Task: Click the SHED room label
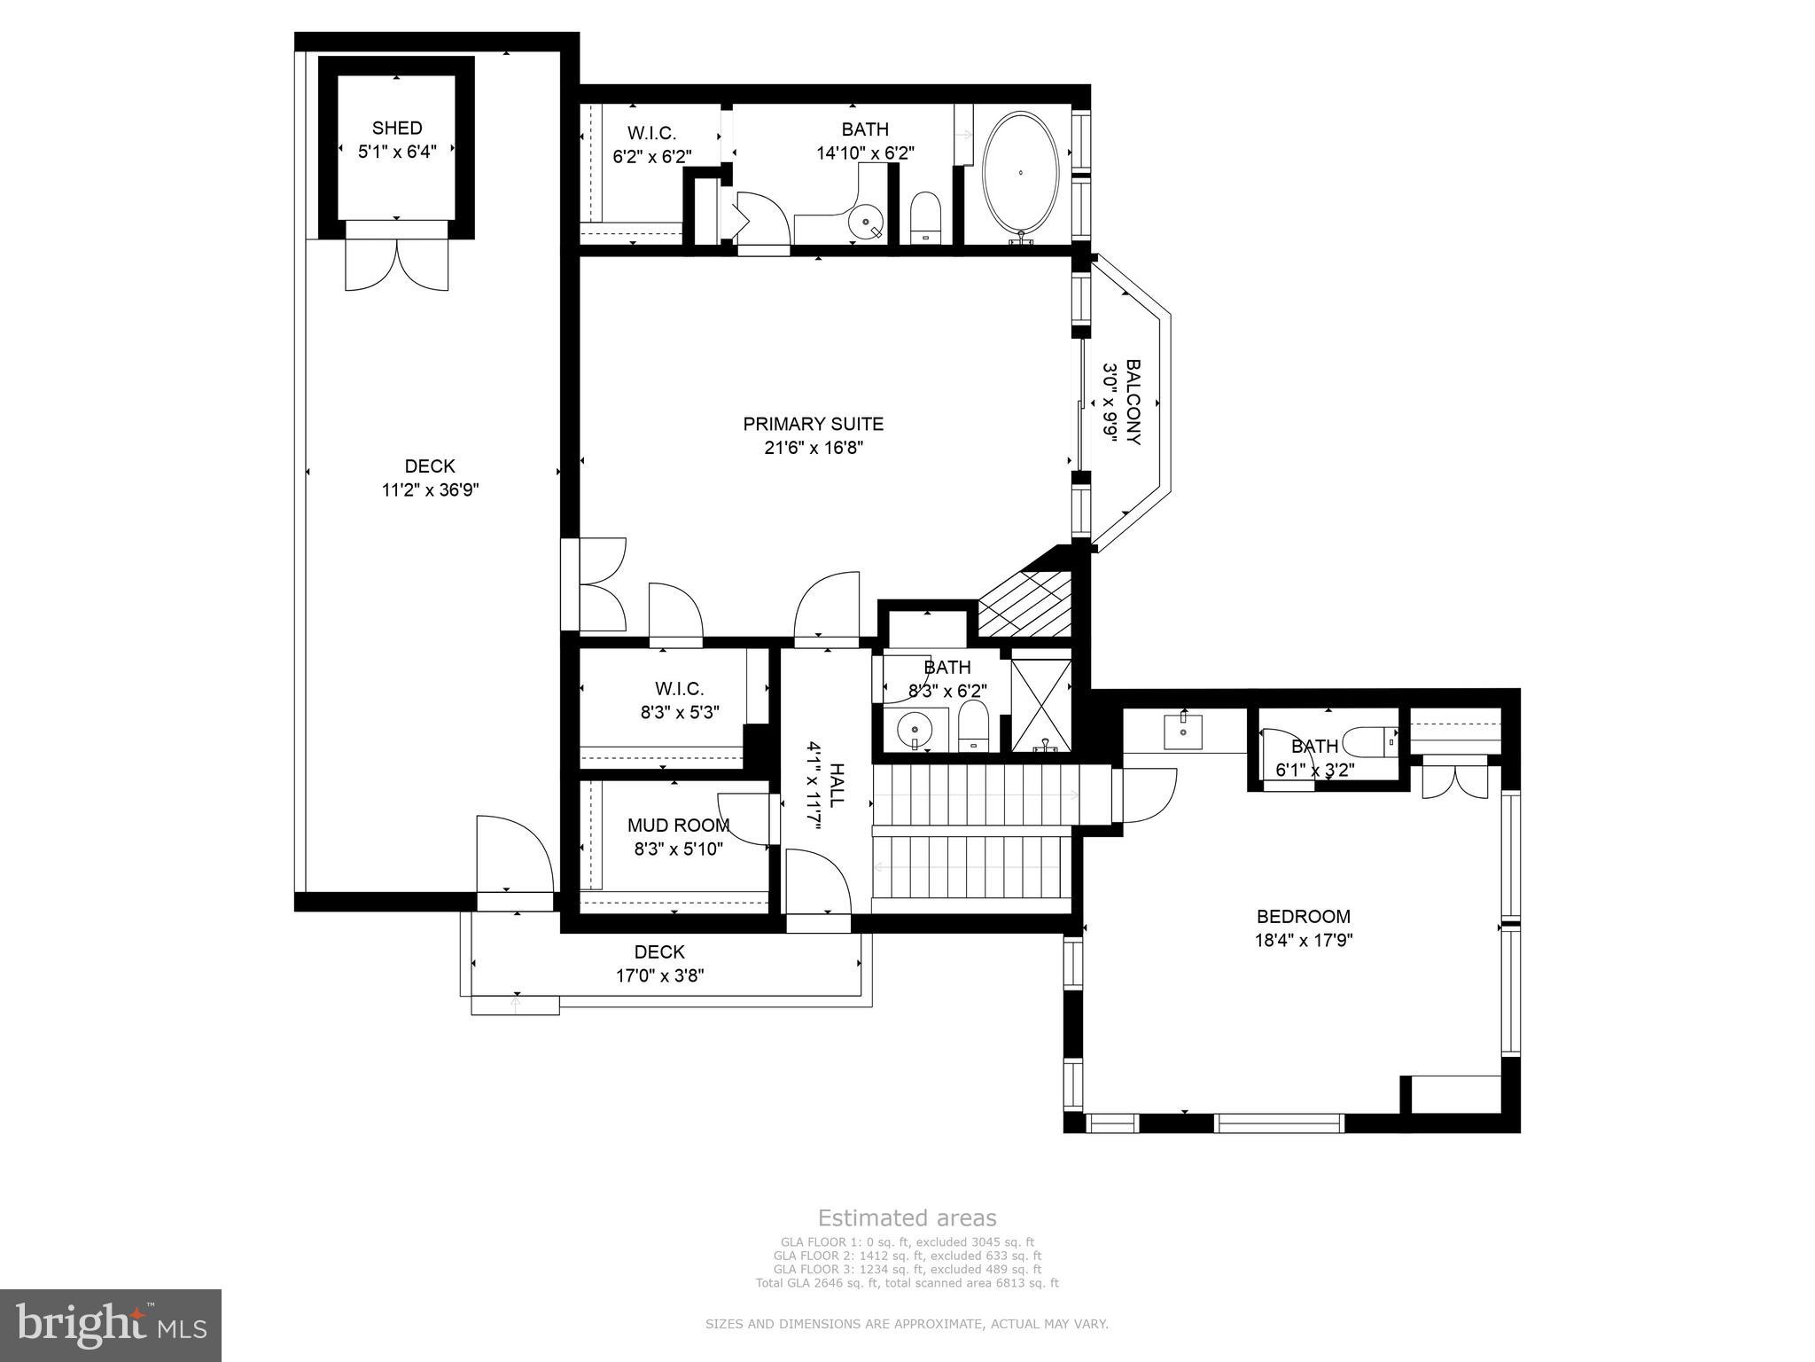pyautogui.click(x=397, y=128)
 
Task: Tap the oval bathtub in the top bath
pyautogui.click(x=1020, y=176)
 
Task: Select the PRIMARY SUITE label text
pyautogui.click(x=813, y=425)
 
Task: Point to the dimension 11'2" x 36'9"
pyautogui.click(x=430, y=489)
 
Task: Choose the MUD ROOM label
pyautogui.click(x=678, y=826)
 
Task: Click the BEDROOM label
pyautogui.click(x=1304, y=916)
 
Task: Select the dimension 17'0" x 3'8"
pyautogui.click(x=659, y=975)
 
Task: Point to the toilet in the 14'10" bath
pyautogui.click(x=925, y=215)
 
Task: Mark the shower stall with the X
pyautogui.click(x=1041, y=705)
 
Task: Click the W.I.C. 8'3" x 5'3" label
pyautogui.click(x=680, y=689)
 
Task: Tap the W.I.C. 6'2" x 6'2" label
pyautogui.click(x=651, y=134)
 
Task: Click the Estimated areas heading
pyautogui.click(x=907, y=1217)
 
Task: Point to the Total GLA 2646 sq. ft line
pyautogui.click(x=907, y=1282)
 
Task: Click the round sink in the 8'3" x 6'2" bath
pyautogui.click(x=914, y=730)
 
